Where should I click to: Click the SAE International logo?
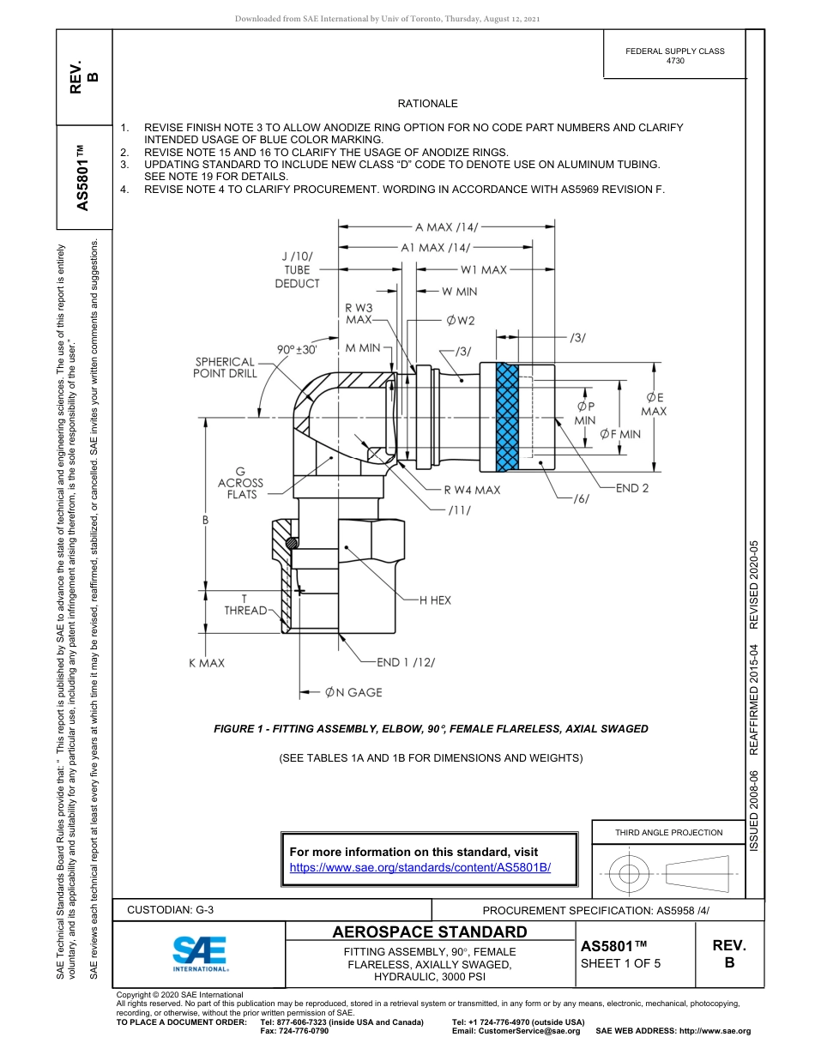pos(200,953)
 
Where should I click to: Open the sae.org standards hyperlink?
pos(420,867)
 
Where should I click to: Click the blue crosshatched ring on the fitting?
pos(507,417)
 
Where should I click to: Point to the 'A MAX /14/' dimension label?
pos(446,227)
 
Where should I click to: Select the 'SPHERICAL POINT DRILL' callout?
pos(225,368)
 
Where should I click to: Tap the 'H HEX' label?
pos(435,600)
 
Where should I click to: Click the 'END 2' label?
pos(632,488)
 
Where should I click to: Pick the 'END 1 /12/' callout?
pos(406,662)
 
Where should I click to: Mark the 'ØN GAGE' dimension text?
pos(353,692)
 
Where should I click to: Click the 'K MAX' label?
pos(207,663)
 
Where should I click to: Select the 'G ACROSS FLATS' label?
pos(240,483)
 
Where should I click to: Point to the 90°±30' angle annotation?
pos(296,350)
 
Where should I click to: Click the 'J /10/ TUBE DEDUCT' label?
pos(297,269)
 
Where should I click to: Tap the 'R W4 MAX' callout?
pos(472,490)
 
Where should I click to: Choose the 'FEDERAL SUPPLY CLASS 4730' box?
pos(674,56)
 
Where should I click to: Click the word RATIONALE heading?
pos(427,104)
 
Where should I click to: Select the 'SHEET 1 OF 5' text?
pos(621,962)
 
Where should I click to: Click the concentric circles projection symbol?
pos(630,874)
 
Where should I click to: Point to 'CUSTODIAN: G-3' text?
pos(170,910)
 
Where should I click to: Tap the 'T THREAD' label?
pos(245,605)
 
